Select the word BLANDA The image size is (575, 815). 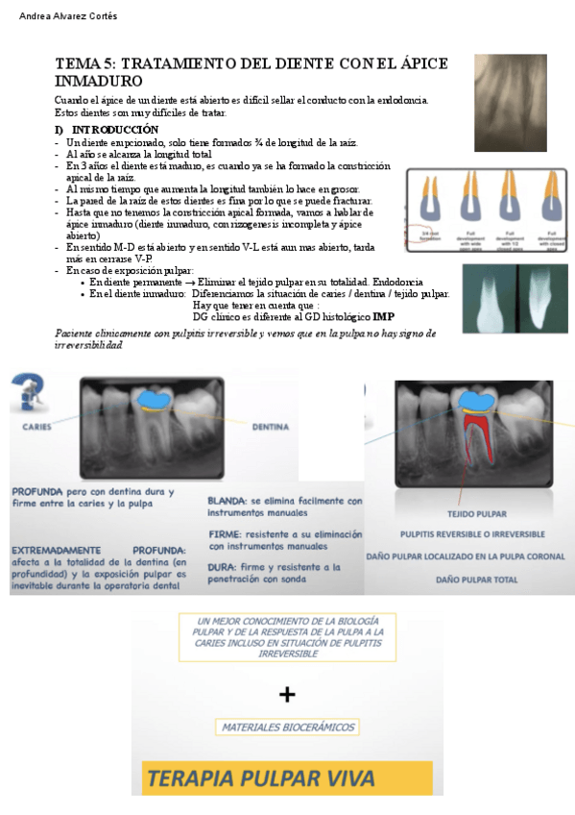pyautogui.click(x=228, y=501)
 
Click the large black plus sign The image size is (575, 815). pyautogui.click(x=287, y=694)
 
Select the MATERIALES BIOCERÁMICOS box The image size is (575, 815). pyautogui.click(x=288, y=727)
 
